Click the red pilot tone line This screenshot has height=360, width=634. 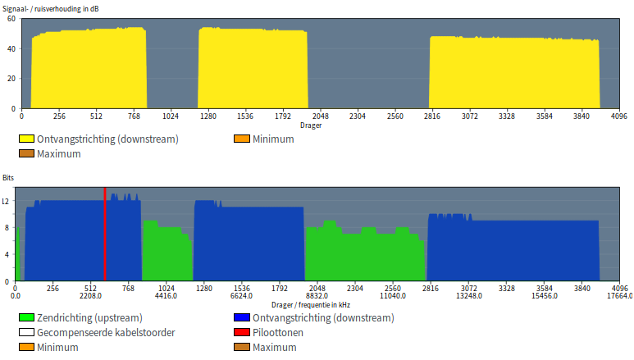click(105, 238)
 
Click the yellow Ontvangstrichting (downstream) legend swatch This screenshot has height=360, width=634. click(27, 139)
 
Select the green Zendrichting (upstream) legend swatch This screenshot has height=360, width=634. click(27, 318)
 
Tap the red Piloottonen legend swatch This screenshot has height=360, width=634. click(242, 333)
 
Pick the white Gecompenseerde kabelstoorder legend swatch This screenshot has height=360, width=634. click(27, 333)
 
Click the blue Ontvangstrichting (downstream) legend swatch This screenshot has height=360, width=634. click(242, 318)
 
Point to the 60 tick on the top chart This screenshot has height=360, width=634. click(11, 19)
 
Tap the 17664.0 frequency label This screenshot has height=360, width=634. click(619, 296)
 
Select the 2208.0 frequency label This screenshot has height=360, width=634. click(91, 296)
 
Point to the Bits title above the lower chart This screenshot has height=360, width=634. click(8, 177)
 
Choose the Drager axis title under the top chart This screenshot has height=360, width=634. click(311, 125)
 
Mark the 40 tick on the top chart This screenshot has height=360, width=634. click(11, 48)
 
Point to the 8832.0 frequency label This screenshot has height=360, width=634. click(317, 296)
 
